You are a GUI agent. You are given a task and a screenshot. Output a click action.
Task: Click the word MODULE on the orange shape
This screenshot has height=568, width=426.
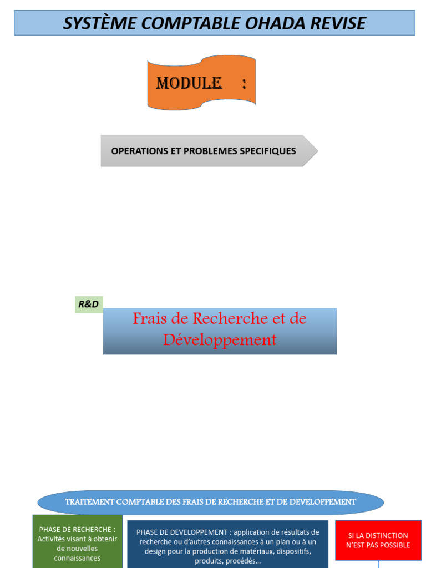coord(189,83)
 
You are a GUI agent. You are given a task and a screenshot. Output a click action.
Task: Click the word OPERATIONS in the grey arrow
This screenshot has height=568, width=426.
coord(139,151)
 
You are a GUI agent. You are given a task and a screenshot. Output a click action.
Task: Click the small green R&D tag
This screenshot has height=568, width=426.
coord(89,305)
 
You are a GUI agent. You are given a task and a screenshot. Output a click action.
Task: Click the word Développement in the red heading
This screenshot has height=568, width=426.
coord(220,339)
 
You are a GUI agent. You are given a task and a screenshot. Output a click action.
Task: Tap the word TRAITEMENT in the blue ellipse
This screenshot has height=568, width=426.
coord(89,502)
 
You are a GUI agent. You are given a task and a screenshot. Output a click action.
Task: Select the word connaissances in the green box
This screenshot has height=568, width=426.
coord(77,558)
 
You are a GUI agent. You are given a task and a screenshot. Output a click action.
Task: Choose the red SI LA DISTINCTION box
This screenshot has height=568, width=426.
coord(378,540)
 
